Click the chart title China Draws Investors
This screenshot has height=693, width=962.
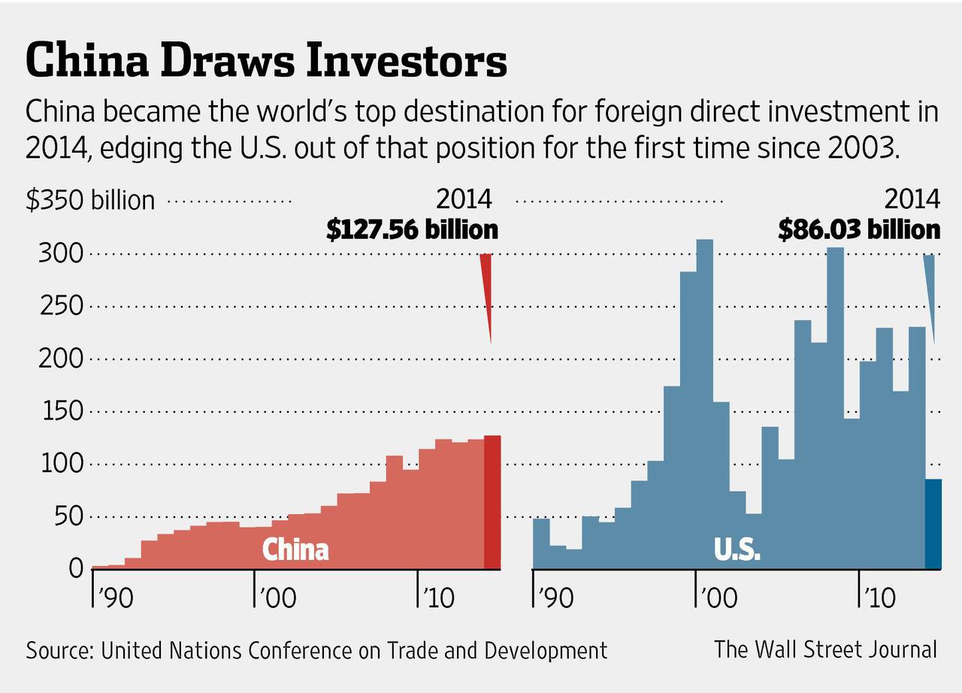pyautogui.click(x=266, y=61)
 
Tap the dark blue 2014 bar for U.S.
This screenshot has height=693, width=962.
pyautogui.click(x=933, y=524)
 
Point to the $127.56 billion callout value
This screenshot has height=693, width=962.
pyautogui.click(x=412, y=229)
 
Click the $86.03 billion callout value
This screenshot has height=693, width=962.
pyautogui.click(x=859, y=229)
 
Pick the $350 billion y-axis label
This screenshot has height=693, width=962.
pyautogui.click(x=90, y=201)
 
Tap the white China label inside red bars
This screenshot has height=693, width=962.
pyautogui.click(x=295, y=549)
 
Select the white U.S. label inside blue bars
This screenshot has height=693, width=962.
pyautogui.click(x=737, y=549)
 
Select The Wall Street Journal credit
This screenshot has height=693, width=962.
pyautogui.click(x=825, y=649)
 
